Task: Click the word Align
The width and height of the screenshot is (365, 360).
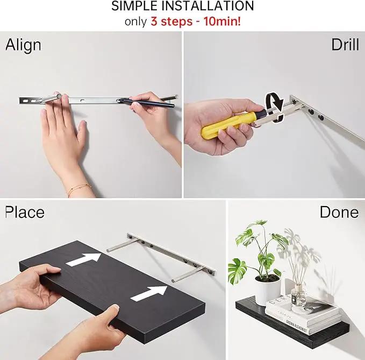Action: click(x=23, y=45)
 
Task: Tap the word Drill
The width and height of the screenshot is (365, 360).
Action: click(x=345, y=45)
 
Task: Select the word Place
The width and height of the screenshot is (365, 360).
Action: click(x=25, y=212)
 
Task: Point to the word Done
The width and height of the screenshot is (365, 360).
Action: click(x=339, y=212)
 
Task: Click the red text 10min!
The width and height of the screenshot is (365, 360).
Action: click(x=223, y=22)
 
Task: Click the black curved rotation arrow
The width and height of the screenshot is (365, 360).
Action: click(x=275, y=107)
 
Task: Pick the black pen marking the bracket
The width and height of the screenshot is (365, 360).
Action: click(x=146, y=103)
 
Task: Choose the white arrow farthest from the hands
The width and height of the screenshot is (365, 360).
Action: click(x=83, y=259)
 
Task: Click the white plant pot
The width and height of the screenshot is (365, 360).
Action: click(x=268, y=290)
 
